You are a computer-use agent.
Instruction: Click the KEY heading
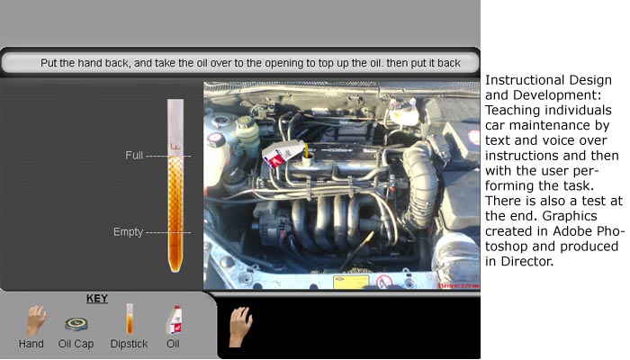point(97,299)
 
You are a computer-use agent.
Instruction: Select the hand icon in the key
point(36,320)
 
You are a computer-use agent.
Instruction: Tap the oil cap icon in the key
point(76,324)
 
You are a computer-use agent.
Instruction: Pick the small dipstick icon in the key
point(130,319)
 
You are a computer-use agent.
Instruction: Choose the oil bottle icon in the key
point(175,320)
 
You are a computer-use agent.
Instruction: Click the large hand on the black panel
point(240,326)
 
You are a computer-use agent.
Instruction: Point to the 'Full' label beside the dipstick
point(134,156)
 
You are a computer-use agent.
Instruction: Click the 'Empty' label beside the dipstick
point(128,232)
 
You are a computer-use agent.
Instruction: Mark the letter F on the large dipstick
point(175,147)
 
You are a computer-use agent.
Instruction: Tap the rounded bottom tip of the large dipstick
point(175,268)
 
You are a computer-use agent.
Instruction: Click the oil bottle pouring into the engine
point(283,154)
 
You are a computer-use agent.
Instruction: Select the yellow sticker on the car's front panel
point(350,282)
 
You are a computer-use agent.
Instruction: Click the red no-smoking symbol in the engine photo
point(384,282)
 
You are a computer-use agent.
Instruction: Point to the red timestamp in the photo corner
point(458,285)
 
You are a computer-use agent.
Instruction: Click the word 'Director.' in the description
point(527,262)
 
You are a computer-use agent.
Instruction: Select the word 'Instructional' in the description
point(522,80)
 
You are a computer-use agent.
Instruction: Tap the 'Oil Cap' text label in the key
point(76,344)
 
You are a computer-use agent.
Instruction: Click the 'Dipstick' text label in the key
point(129,344)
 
